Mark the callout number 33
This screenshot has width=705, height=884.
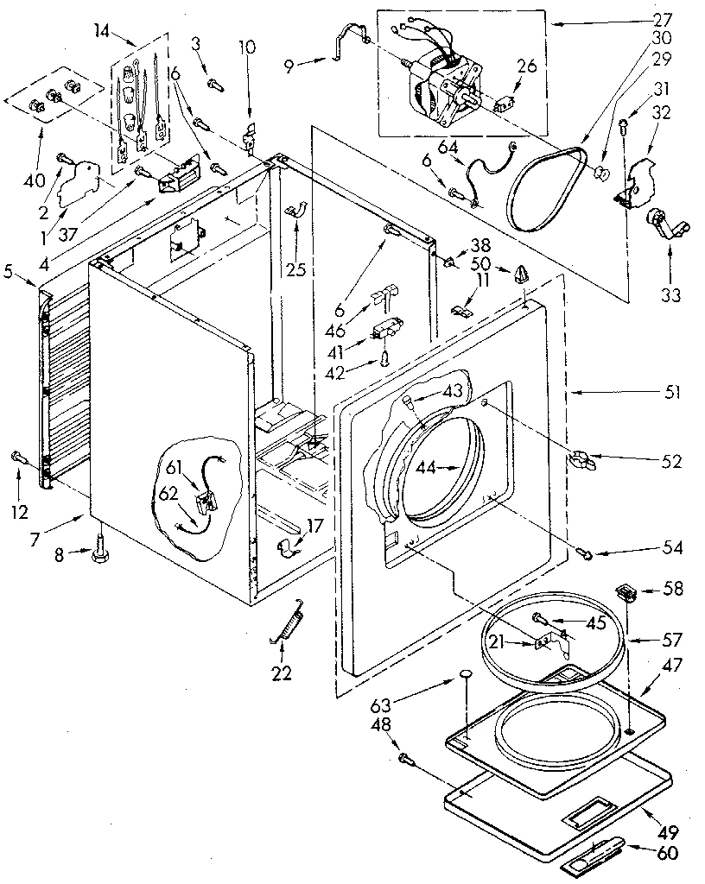[670, 295]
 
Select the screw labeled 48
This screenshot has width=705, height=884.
[404, 758]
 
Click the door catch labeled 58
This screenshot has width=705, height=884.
[624, 592]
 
